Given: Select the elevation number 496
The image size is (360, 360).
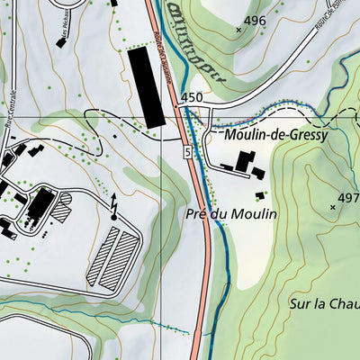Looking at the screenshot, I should pyautogui.click(x=255, y=21).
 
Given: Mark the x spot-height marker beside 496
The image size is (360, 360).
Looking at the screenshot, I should pyautogui.click(x=238, y=30).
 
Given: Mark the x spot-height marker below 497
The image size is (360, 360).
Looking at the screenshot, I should pyautogui.click(x=333, y=208).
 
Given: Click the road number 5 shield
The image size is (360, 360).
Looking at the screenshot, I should pyautogui.click(x=187, y=154).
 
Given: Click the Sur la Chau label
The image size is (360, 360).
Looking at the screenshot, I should pyautogui.click(x=324, y=304).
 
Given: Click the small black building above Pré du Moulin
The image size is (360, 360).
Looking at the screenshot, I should pyautogui.click(x=260, y=194).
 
